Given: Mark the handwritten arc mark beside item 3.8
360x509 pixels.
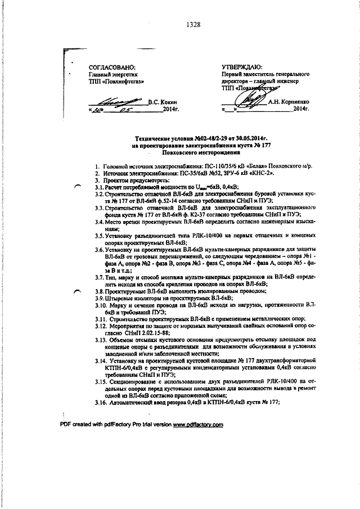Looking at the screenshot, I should [77, 291].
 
